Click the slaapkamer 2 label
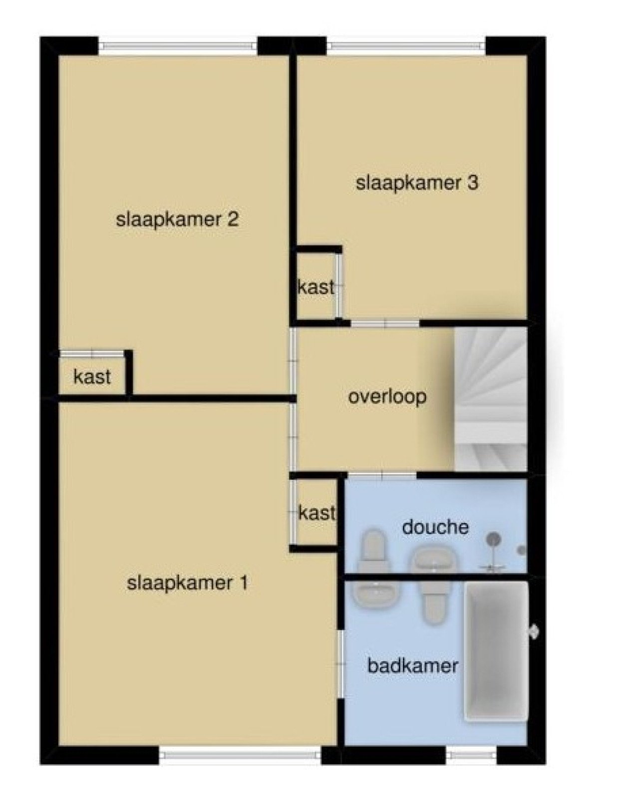[x=177, y=219]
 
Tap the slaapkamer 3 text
[x=417, y=183]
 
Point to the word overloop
[x=387, y=397]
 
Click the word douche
[x=435, y=527]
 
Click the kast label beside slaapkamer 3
[x=316, y=287]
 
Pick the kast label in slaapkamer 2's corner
[x=92, y=377]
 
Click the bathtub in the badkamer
[x=496, y=651]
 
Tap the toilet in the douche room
[x=372, y=551]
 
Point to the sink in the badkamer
[x=376, y=594]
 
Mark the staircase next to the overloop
[x=490, y=398]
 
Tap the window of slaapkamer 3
[x=406, y=46]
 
